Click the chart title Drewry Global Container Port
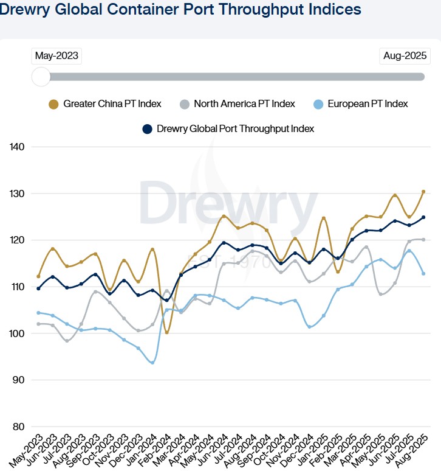pyautogui.click(x=181, y=10)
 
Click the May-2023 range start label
pyautogui.click(x=56, y=56)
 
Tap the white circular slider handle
pyautogui.click(x=41, y=77)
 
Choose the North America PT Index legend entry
pyautogui.click(x=238, y=104)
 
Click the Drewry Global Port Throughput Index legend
pyautogui.click(x=228, y=129)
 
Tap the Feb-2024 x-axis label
pyautogui.click(x=155, y=449)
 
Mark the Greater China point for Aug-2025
pyautogui.click(x=423, y=192)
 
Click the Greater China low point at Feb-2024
pyautogui.click(x=166, y=332)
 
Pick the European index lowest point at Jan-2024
pyautogui.click(x=152, y=363)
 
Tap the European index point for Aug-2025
pyautogui.click(x=423, y=273)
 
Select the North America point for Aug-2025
pyautogui.click(x=423, y=239)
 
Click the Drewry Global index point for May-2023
pyautogui.click(x=39, y=288)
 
